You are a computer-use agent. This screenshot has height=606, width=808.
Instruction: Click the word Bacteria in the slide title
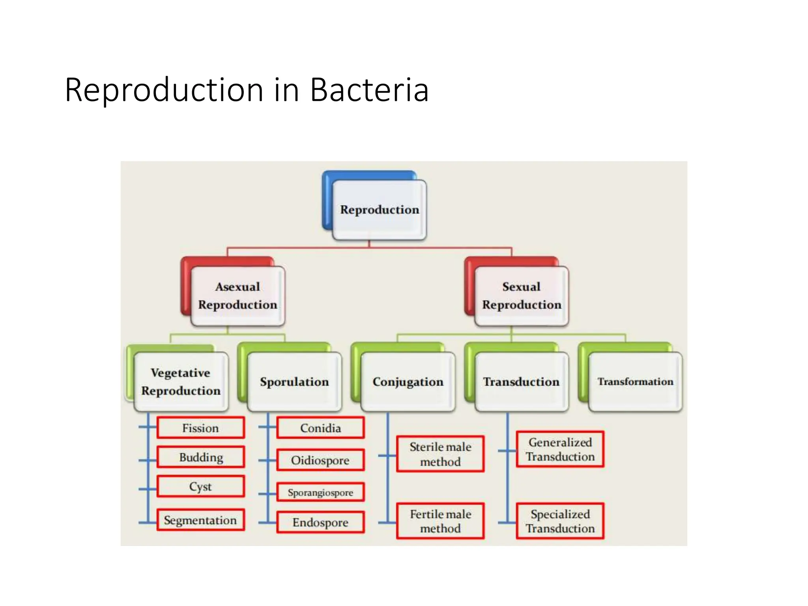369,90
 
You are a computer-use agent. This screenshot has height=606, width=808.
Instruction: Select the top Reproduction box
379,209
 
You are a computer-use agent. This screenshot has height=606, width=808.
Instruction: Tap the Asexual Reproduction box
238,296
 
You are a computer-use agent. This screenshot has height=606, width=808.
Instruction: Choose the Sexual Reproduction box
521,296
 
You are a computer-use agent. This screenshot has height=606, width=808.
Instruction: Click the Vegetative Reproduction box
181,382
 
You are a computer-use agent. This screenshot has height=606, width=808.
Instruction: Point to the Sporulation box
294,382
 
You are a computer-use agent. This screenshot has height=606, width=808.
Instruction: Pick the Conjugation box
408,382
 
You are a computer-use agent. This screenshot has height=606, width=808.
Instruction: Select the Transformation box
635,382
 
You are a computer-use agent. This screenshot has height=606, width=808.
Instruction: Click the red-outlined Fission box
200,428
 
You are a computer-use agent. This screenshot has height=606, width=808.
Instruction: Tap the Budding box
200,457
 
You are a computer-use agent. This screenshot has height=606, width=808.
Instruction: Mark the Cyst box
200,486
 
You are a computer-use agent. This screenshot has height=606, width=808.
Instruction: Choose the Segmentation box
200,520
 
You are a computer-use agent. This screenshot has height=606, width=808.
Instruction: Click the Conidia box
320,428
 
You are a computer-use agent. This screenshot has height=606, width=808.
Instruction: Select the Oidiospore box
320,460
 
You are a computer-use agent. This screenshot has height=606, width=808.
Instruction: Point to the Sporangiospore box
320,492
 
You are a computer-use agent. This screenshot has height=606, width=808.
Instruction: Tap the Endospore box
320,522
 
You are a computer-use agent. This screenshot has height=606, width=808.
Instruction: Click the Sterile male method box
440,454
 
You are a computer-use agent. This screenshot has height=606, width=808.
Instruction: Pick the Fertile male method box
440,521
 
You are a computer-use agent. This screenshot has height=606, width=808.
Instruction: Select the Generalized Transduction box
560,449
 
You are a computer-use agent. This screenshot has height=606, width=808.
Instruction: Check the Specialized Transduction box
560,521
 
